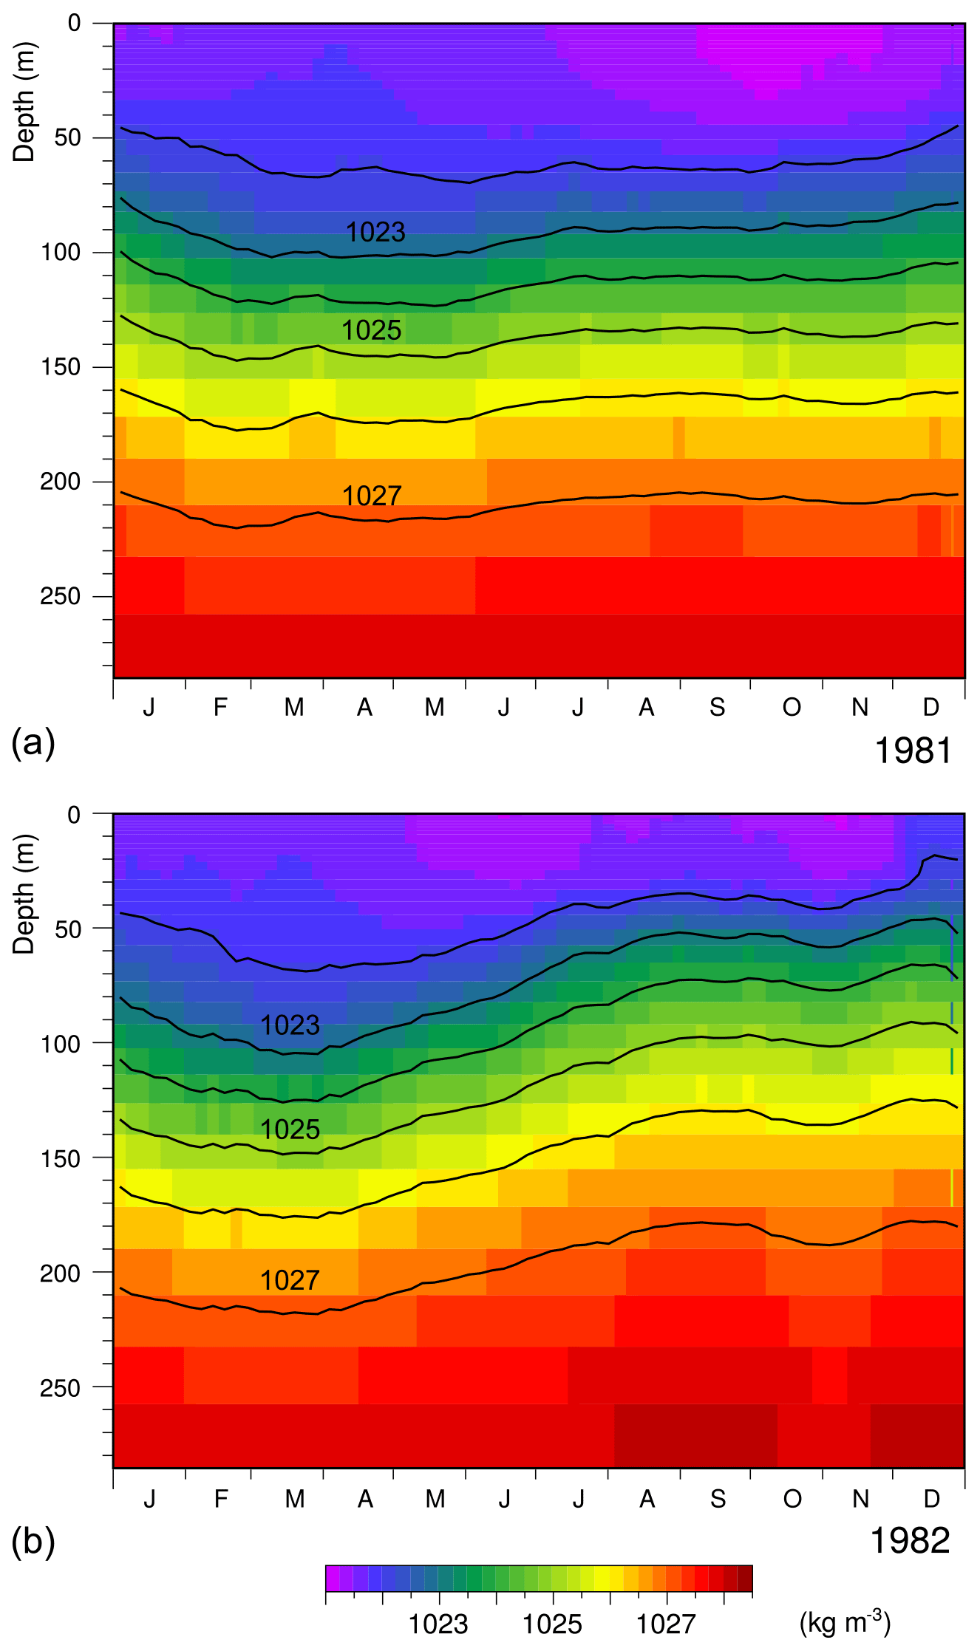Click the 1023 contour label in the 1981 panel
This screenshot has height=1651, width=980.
[375, 233]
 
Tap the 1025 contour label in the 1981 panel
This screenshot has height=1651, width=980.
[371, 331]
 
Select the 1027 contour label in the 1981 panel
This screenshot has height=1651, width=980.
[371, 496]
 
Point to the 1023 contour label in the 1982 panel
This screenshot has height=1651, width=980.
[290, 1026]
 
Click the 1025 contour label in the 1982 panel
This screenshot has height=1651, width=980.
[290, 1130]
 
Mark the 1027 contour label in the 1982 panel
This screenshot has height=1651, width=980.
[290, 1281]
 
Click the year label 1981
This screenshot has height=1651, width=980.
[913, 751]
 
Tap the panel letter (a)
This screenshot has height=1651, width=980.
[33, 742]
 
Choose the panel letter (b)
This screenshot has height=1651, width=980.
[33, 1542]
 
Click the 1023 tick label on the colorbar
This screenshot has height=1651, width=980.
[438, 1624]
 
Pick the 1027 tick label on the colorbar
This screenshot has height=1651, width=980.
[666, 1624]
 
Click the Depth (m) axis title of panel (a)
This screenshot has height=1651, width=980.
[24, 102]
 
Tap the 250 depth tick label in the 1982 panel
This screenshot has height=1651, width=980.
[61, 1388]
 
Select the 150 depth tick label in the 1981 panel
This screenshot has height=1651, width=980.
[61, 367]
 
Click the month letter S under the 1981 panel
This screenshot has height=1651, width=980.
[717, 708]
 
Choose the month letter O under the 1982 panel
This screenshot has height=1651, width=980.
[792, 1499]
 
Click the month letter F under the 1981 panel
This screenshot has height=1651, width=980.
[220, 708]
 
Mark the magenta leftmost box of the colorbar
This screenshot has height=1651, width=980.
[333, 1578]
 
